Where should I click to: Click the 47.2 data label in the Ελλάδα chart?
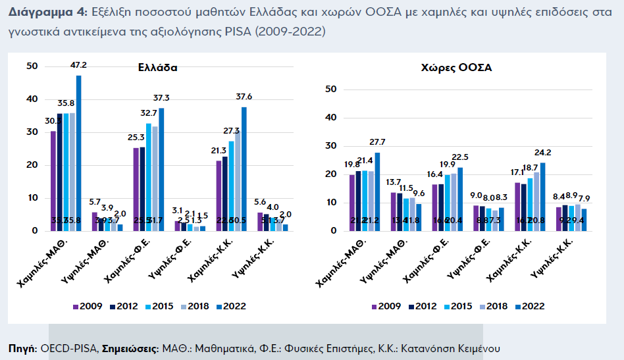pos(79,65)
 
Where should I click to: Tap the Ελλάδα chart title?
pos(157,67)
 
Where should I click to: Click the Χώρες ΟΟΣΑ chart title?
pos(456,67)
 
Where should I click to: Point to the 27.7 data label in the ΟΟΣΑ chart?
pos(377,142)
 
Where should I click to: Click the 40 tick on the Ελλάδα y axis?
pos(32,99)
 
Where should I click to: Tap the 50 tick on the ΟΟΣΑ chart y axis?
pos(332,90)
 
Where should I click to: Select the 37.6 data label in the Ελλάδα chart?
pos(244,97)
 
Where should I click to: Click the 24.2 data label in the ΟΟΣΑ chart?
pos(543,152)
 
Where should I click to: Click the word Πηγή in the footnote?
pos(22,347)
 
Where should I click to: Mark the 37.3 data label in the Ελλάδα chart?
pos(161,97)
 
